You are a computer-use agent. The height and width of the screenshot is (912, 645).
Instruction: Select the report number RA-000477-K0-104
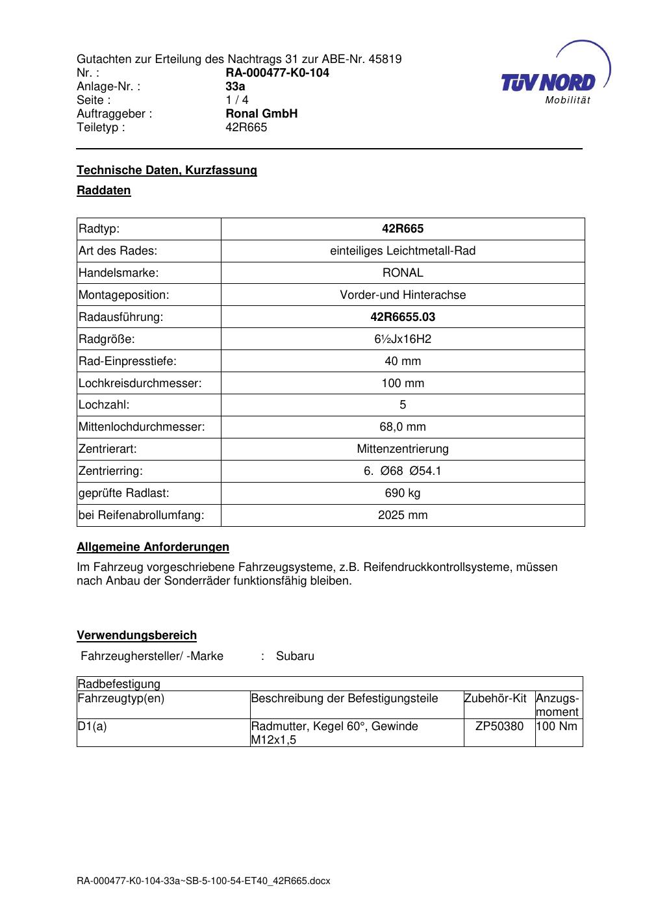pyautogui.click(x=277, y=73)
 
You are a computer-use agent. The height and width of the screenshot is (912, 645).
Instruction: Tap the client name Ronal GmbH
pyautogui.click(x=261, y=114)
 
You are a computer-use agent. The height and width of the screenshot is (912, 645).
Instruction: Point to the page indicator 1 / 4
pyautogui.click(x=236, y=100)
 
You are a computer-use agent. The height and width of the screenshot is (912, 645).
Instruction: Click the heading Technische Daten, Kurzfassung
pyautogui.click(x=167, y=170)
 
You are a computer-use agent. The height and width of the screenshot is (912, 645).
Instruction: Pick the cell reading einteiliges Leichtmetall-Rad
pyautogui.click(x=403, y=251)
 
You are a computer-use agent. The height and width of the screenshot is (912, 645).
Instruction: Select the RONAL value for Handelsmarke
pyautogui.click(x=403, y=273)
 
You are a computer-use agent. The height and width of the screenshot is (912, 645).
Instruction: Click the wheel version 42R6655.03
pyautogui.click(x=403, y=317)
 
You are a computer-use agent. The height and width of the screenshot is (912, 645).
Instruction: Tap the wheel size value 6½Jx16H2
pyautogui.click(x=403, y=339)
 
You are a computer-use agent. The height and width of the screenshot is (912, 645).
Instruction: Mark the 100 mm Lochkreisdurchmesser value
pyautogui.click(x=403, y=383)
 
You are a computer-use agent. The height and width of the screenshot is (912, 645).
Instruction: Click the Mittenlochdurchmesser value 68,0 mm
pyautogui.click(x=403, y=427)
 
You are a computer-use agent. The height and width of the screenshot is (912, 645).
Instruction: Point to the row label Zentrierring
pyautogui.click(x=110, y=471)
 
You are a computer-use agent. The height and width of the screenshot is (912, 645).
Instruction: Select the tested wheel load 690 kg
pyautogui.click(x=403, y=493)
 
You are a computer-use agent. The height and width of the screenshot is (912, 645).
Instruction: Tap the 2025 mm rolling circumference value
pyautogui.click(x=403, y=515)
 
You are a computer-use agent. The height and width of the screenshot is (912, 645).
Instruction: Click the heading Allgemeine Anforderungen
pyautogui.click(x=153, y=547)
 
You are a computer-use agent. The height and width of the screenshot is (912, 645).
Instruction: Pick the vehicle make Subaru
pyautogui.click(x=295, y=656)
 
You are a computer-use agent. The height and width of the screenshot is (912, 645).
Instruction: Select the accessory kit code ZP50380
pyautogui.click(x=499, y=726)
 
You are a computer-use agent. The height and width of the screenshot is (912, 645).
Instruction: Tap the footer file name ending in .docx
pyautogui.click(x=203, y=881)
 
